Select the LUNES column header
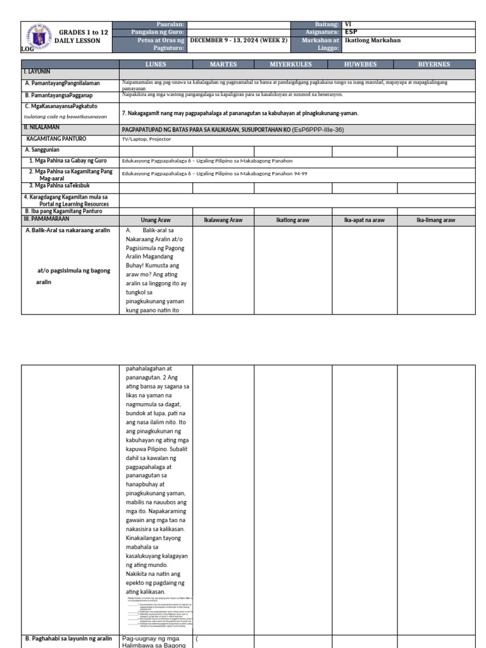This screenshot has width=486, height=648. pyautogui.click(x=156, y=64)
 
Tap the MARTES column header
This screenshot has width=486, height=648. pyautogui.click(x=223, y=64)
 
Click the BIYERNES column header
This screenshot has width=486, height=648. pyautogui.click(x=435, y=64)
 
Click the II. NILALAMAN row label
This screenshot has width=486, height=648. pyautogui.click(x=44, y=128)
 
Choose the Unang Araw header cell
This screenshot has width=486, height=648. pyautogui.click(x=156, y=220)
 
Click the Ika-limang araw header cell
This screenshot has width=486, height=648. pyautogui.click(x=435, y=220)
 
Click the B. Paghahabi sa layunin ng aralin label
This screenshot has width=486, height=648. pyautogui.click(x=68, y=639)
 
